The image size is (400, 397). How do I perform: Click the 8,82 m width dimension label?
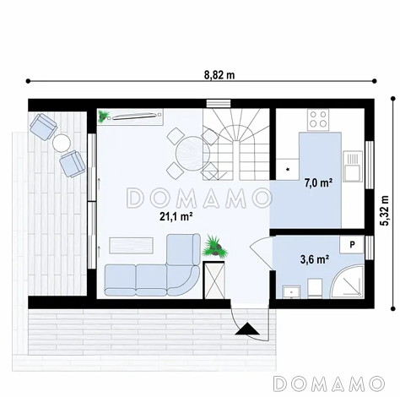click(x=219, y=75)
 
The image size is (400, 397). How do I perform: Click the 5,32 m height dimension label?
click(x=384, y=210)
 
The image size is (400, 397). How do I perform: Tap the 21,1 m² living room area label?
click(x=176, y=216)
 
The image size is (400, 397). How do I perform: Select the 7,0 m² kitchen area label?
click(x=319, y=183)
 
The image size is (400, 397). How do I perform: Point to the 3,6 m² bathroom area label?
click(x=315, y=259)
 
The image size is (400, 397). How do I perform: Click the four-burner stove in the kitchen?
click(x=318, y=119)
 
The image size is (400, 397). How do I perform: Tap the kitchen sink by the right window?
click(x=352, y=166)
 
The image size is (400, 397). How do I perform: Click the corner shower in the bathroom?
click(x=348, y=281)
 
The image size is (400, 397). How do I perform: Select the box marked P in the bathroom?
click(x=352, y=245)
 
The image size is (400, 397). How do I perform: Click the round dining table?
click(x=192, y=153)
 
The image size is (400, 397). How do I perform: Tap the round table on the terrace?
click(x=62, y=143)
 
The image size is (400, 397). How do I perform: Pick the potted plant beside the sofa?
click(x=215, y=246)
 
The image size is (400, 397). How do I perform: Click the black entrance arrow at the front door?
click(x=247, y=329)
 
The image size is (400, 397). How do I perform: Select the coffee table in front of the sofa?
click(x=132, y=246)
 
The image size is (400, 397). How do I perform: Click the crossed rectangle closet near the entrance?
click(x=214, y=280)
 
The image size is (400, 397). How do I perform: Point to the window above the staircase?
click(x=219, y=103)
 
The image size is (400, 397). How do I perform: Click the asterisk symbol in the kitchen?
click(x=288, y=170)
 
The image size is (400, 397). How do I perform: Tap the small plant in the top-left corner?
click(x=104, y=116)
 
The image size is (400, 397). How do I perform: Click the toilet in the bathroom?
click(x=315, y=288)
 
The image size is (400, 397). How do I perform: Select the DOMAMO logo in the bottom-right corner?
click(x=329, y=383)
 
